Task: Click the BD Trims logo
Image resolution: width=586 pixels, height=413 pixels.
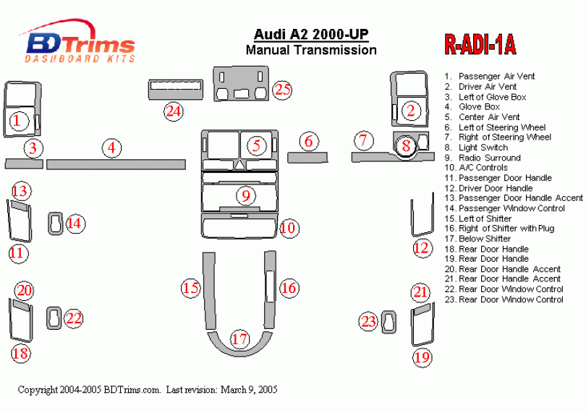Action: pos(78,43)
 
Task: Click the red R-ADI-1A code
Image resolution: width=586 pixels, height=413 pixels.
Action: pos(480,46)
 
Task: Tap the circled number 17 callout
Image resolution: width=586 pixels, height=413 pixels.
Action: pos(239,338)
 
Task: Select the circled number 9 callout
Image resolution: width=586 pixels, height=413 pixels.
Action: pos(246,195)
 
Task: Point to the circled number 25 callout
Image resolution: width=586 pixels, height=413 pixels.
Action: pos(282,89)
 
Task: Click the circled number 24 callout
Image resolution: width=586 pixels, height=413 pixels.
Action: pos(173,111)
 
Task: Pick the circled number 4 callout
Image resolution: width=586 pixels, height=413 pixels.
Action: pos(111,148)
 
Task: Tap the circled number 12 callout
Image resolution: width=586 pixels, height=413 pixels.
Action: pos(421,247)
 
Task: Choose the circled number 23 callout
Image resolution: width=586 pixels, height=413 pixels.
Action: pos(370,321)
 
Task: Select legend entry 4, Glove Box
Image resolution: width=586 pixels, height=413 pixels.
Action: pos(478,107)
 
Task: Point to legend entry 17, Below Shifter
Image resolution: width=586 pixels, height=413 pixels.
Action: pos(484,239)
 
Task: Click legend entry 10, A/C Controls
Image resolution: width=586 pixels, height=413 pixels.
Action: pos(483,168)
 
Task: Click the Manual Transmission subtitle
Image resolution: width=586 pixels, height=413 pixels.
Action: pos(311,51)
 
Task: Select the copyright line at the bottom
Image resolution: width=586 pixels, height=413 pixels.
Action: pos(148,390)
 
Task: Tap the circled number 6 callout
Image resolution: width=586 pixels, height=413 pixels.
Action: pos(309,141)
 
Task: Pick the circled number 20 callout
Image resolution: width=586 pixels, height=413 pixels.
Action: pos(25,291)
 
